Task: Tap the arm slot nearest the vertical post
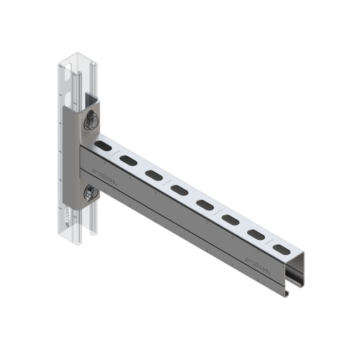click(102, 146)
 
